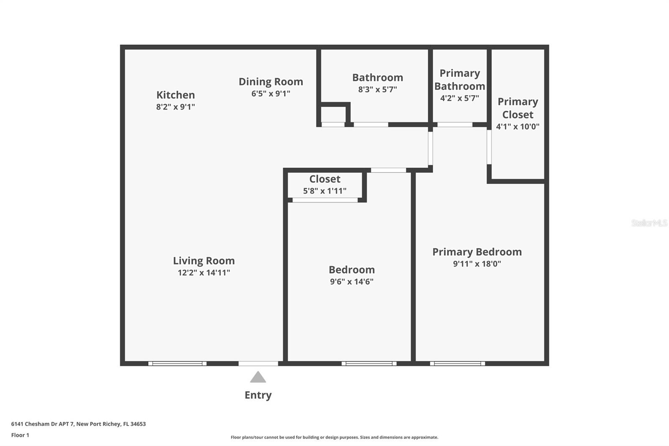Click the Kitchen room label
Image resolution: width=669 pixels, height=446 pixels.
176,95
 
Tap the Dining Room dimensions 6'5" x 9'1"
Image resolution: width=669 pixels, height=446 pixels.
271,94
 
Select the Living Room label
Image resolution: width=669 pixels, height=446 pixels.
204,261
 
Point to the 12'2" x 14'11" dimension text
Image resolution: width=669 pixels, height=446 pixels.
204,273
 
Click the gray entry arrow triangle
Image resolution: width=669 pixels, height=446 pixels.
258,377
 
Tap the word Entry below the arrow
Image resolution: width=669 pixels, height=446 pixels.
258,395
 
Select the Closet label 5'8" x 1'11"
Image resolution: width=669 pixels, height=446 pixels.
325,179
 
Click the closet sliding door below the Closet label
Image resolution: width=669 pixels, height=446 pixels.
325,200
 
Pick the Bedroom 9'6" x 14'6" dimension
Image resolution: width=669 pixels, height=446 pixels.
352,282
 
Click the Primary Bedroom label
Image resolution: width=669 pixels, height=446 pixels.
477,252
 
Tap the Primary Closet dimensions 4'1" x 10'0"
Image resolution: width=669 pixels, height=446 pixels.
518,127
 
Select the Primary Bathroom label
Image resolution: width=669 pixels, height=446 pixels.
460,79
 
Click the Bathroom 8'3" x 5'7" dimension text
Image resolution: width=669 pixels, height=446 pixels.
377,90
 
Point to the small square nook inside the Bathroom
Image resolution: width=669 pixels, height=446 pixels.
333,114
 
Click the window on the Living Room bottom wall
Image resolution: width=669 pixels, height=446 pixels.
177,364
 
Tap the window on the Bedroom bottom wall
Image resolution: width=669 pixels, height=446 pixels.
369,364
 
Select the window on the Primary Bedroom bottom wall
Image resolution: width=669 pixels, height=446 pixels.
457,364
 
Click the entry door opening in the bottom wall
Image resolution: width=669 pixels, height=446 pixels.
258,364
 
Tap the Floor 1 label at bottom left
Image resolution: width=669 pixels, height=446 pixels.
20,435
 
